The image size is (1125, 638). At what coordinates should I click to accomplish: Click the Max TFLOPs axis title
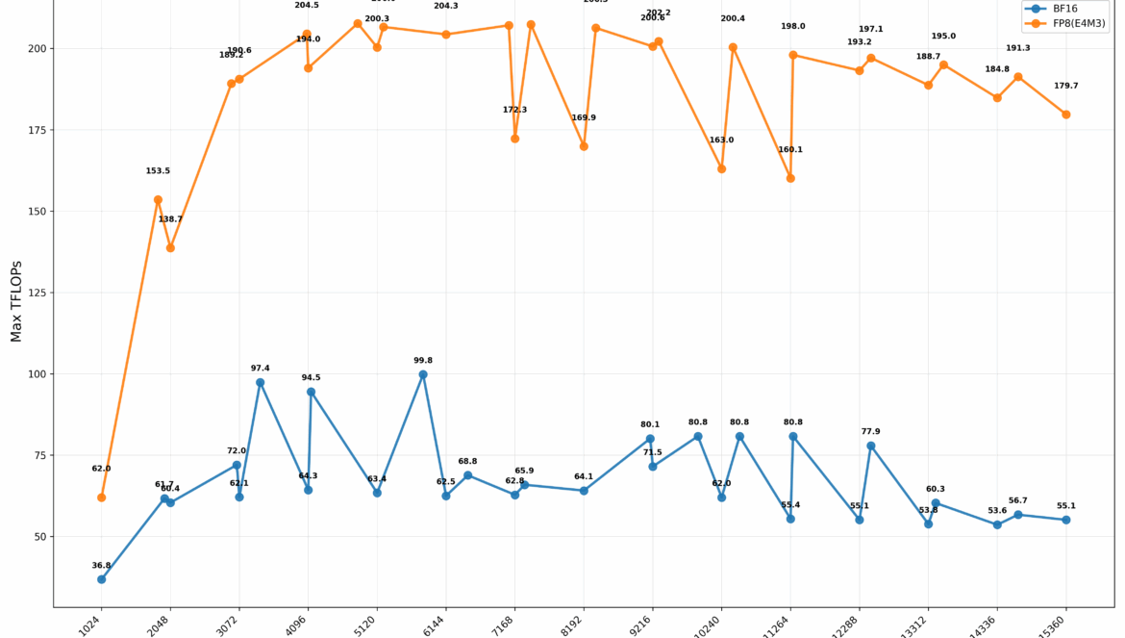pyautogui.click(x=16, y=300)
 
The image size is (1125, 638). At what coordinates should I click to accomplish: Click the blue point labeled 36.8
pyautogui.click(x=101, y=579)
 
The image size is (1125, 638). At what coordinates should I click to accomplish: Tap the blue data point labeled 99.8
pyautogui.click(x=423, y=374)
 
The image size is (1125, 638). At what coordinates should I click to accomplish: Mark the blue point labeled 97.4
pyautogui.click(x=260, y=382)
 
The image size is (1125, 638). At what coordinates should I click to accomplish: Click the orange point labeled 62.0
pyautogui.click(x=101, y=498)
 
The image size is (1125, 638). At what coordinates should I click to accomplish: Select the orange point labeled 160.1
pyautogui.click(x=790, y=178)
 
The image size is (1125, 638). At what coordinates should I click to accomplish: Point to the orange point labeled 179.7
pyautogui.click(x=1065, y=115)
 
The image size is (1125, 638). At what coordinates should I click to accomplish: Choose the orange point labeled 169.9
pyautogui.click(x=584, y=146)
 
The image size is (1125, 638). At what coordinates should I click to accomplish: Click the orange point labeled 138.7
pyautogui.click(x=170, y=247)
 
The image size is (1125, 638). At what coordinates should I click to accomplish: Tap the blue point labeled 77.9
pyautogui.click(x=871, y=446)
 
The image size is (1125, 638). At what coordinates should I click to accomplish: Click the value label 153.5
pyautogui.click(x=158, y=171)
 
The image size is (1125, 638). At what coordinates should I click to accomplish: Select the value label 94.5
pyautogui.click(x=311, y=378)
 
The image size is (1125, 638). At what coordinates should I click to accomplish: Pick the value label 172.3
pyautogui.click(x=514, y=110)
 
